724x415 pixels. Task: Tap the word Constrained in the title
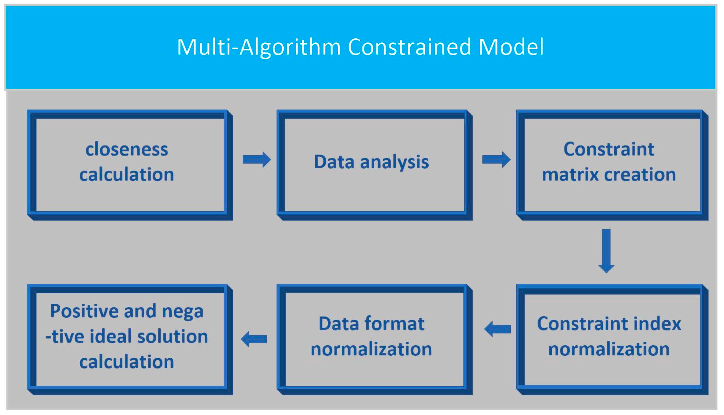(x=409, y=47)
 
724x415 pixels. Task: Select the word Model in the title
(x=511, y=47)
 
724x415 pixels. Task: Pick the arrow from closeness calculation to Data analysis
(x=256, y=160)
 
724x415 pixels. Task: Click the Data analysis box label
(x=371, y=162)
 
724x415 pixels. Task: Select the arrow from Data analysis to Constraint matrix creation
(x=496, y=160)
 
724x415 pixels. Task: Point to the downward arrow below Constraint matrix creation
(x=606, y=251)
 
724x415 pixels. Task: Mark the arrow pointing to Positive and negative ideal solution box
(x=254, y=339)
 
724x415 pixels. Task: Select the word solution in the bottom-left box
(x=172, y=336)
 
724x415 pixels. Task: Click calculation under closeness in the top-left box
(x=127, y=174)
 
